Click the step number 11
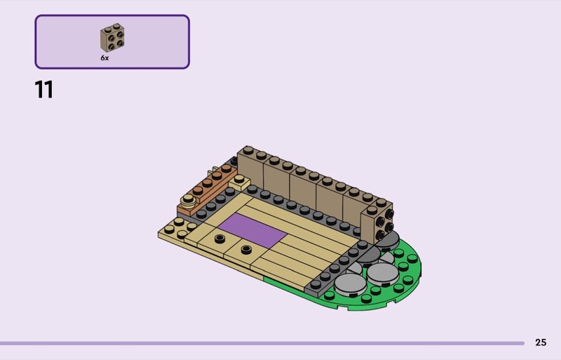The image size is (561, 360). [44, 89]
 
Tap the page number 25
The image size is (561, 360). [541, 342]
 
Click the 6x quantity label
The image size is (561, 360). [104, 58]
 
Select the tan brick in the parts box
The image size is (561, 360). [112, 38]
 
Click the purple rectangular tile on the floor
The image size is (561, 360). [252, 230]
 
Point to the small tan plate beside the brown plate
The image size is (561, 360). [239, 182]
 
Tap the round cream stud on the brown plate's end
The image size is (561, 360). [188, 201]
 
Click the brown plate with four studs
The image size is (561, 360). [208, 190]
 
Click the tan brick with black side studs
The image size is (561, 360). [377, 222]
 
